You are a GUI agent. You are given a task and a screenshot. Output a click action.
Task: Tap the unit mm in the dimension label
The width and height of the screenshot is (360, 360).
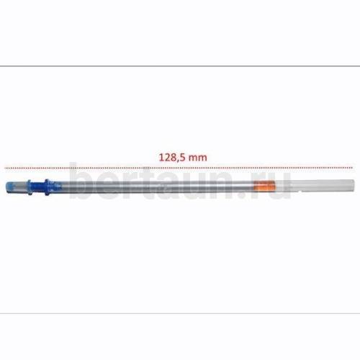[197, 158]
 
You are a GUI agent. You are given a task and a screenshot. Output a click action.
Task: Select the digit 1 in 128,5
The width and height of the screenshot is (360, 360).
[161, 158]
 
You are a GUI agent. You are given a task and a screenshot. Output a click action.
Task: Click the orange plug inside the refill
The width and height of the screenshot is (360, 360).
[264, 186]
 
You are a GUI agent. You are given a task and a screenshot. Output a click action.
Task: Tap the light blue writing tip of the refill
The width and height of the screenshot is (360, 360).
[12, 187]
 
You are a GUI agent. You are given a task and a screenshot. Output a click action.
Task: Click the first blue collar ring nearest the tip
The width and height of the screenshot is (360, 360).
[29, 187]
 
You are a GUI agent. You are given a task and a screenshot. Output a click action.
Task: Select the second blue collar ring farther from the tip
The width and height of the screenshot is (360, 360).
[47, 187]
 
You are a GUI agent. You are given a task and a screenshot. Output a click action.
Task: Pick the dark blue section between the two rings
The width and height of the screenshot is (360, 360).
[38, 187]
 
